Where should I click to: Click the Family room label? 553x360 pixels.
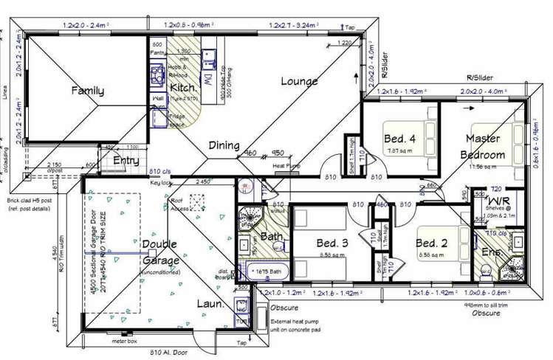(x=87, y=91)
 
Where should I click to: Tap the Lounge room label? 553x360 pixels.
(x=299, y=81)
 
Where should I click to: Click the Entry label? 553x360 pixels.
(x=126, y=160)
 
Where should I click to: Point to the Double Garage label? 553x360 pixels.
(x=160, y=252)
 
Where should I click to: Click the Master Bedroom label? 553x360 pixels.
(x=483, y=146)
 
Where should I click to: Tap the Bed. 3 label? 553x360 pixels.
(x=317, y=243)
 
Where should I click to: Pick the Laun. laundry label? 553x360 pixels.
(x=210, y=303)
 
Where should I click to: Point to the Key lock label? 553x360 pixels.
(x=161, y=183)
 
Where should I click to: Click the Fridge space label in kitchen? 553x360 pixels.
(x=177, y=121)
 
